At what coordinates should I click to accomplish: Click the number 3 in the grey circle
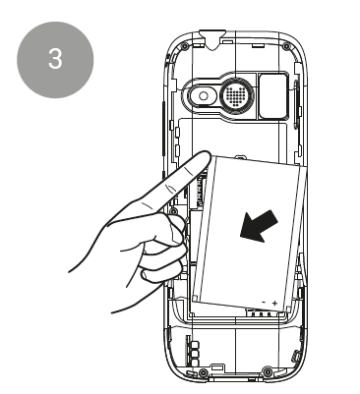coord(55,59)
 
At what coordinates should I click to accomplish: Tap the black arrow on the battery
coord(259,226)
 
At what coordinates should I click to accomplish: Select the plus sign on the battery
coord(274,303)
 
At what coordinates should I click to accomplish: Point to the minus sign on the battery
coord(264,302)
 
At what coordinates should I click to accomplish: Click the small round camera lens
coord(204,95)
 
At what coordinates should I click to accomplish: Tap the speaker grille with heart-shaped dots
coord(235,95)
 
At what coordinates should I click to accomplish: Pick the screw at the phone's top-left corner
coord(185,44)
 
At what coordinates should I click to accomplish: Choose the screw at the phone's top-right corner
coord(286,45)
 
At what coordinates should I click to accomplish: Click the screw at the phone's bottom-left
coord(204,372)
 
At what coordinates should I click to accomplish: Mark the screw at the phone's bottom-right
coord(268,371)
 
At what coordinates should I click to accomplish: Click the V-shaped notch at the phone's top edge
coord(212,40)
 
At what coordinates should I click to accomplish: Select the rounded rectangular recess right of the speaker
coord(274,95)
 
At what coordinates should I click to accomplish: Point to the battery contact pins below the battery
coord(261,313)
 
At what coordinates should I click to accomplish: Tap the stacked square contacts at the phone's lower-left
coord(195,354)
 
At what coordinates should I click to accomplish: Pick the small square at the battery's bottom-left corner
coord(195,298)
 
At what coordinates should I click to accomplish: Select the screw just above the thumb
coord(174,209)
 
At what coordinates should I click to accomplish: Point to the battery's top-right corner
coord(307,166)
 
